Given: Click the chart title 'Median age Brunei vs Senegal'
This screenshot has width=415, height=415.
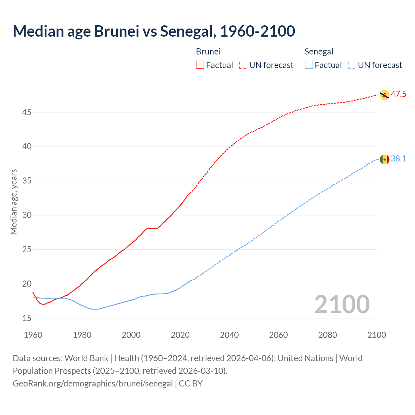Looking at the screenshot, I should coord(154,31).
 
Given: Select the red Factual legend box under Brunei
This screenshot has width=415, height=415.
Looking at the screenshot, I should coord(200,65).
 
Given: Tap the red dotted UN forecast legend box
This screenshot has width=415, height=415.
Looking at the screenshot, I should coord(243,65).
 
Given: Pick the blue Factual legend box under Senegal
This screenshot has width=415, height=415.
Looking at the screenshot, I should coord(309,65).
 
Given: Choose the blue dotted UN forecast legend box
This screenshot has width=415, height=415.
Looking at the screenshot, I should coord(352,65).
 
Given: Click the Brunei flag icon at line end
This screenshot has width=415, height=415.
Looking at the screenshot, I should coord(384,95).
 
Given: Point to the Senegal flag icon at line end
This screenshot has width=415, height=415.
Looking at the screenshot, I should coord(384,159).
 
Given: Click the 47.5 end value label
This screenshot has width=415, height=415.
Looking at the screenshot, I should coord(398,94).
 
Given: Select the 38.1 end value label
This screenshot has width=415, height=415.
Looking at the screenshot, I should coord(398,159).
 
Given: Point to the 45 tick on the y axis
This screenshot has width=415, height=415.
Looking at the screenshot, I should coord(27,113).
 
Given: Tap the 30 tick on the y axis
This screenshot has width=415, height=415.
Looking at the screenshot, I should coord(27,215).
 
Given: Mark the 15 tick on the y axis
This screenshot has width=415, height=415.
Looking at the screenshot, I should coord(27,318).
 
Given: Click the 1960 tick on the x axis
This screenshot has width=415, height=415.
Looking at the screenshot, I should coord(33,335).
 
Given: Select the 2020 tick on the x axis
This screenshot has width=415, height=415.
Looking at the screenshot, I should coord(180,335).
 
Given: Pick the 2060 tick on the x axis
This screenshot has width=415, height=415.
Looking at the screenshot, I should coord(279,335).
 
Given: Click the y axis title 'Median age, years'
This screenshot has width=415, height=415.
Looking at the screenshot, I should coord(14,202).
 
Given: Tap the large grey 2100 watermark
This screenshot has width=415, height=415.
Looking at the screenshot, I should coord(342,304).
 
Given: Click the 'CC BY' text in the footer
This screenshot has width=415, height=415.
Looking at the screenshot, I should coord(191,384).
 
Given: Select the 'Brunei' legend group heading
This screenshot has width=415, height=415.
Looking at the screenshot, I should coord(208,52).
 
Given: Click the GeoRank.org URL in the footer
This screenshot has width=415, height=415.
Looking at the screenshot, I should coord(93,384).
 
